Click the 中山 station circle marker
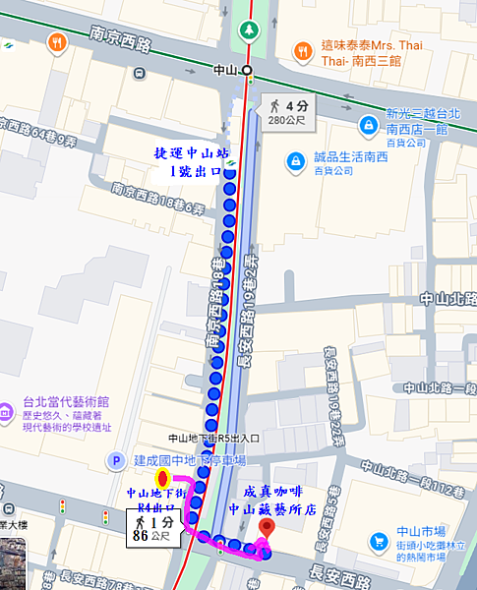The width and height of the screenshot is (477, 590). pos(247,70)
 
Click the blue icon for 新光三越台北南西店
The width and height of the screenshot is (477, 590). pos(366,125)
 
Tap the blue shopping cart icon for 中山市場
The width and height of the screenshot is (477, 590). pos(380,542)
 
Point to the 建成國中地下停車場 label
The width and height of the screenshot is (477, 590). pos(190,460)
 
